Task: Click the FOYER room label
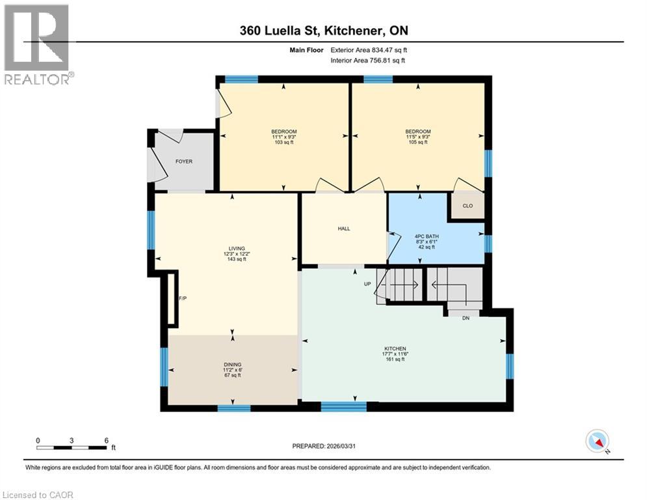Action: (x=184, y=161)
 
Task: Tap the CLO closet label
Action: (x=468, y=206)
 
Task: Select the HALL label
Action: (x=344, y=229)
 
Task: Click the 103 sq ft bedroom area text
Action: (x=284, y=142)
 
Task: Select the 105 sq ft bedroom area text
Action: (x=417, y=142)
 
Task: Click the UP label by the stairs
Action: (x=367, y=284)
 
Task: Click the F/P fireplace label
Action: (x=183, y=299)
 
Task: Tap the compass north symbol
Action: (x=597, y=441)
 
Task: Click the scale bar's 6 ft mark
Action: (x=106, y=440)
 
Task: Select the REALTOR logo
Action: (x=38, y=44)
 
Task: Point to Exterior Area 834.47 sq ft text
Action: (x=369, y=49)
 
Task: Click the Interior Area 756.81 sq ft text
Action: (x=368, y=60)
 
